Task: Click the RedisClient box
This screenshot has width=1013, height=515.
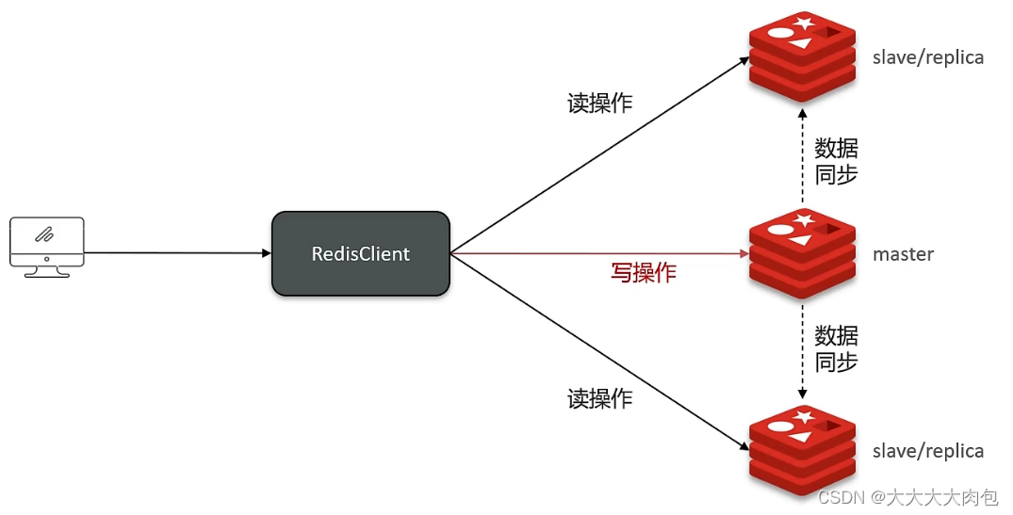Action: [x=360, y=253]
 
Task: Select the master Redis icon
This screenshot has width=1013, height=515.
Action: [x=802, y=251]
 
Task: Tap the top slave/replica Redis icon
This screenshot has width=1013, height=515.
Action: [x=802, y=56]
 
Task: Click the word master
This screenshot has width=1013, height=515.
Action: [x=903, y=254]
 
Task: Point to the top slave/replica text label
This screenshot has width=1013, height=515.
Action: [x=928, y=57]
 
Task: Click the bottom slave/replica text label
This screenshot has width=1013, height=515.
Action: [x=928, y=451]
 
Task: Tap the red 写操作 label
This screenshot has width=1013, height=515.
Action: [x=643, y=273]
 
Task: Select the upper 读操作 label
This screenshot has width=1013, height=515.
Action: [x=599, y=103]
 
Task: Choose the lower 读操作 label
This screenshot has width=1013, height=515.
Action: [x=599, y=398]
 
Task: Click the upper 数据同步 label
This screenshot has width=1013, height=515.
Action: [x=836, y=161]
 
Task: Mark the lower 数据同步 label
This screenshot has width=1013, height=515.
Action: [x=836, y=348]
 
